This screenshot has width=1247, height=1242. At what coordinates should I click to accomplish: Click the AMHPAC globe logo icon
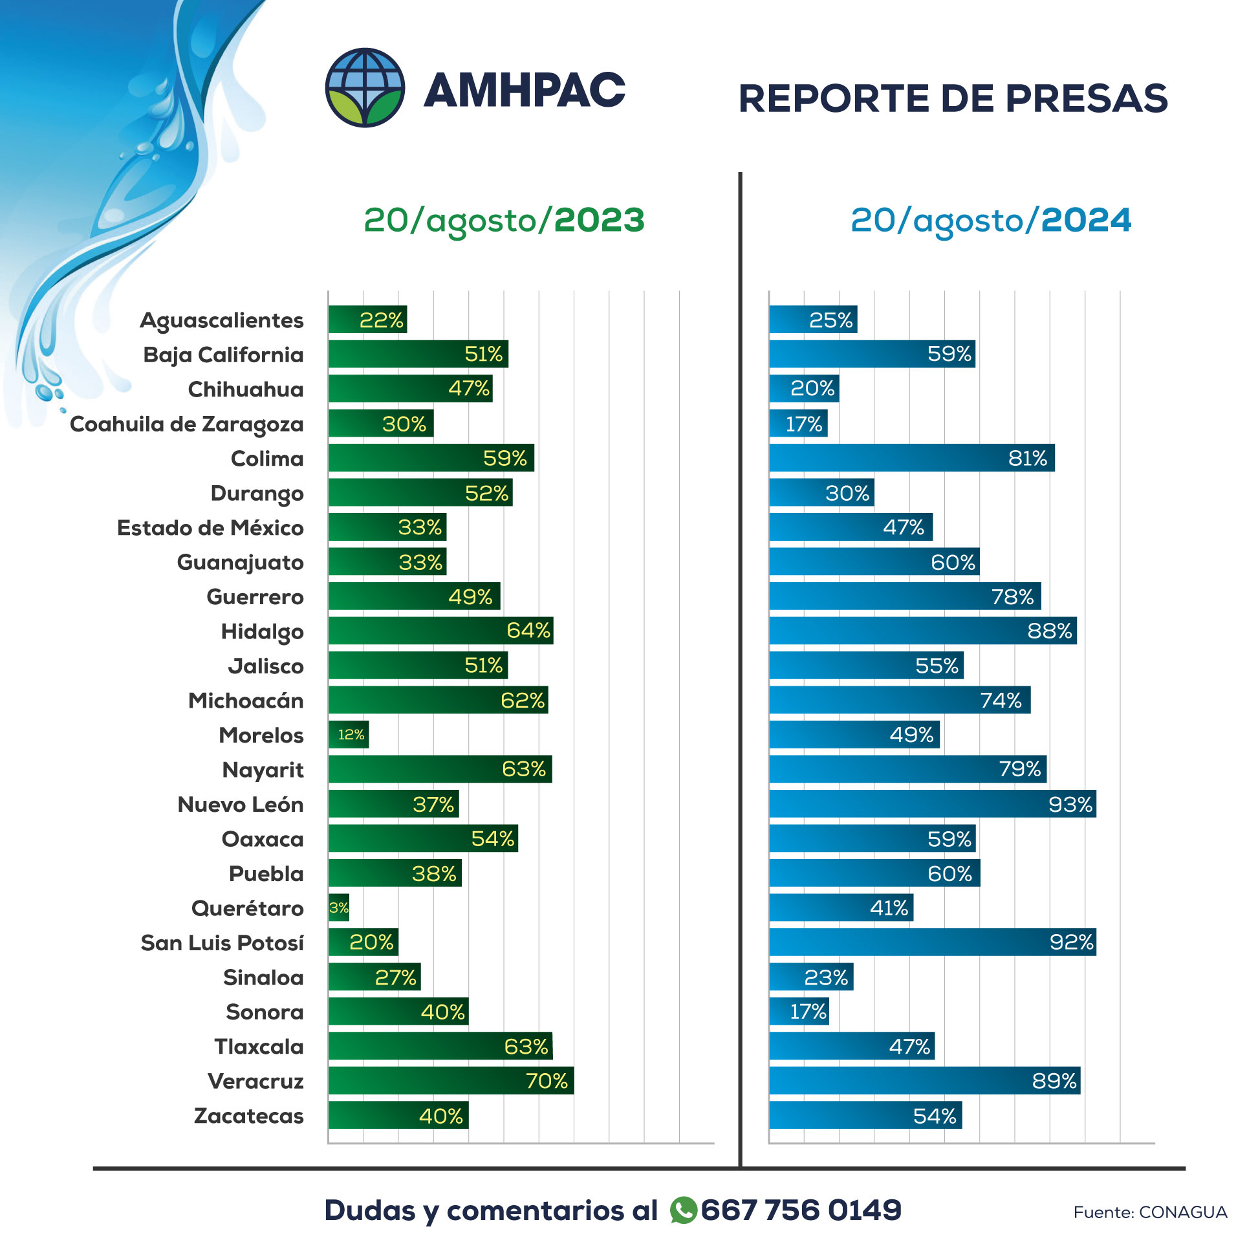click(x=365, y=88)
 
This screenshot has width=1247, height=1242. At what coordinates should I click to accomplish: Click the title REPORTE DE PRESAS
click(x=953, y=98)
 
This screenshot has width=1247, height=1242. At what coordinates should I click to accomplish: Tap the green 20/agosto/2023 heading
click(x=504, y=221)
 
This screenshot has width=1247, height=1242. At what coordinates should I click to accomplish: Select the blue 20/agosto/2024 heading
click(x=990, y=221)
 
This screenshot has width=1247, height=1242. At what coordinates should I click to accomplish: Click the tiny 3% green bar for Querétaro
click(x=339, y=908)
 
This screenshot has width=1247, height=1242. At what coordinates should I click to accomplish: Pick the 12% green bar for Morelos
click(x=349, y=735)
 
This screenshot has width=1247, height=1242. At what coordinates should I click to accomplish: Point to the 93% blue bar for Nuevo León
click(x=932, y=804)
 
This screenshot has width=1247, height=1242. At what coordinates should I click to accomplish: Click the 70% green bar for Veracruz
click(x=451, y=1081)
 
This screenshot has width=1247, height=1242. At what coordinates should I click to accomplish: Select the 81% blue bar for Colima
click(x=911, y=458)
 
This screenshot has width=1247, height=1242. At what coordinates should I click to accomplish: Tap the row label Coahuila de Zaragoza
click(x=186, y=424)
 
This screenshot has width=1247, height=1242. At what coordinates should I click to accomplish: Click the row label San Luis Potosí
click(x=222, y=943)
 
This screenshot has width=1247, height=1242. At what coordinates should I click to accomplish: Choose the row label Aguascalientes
click(x=221, y=320)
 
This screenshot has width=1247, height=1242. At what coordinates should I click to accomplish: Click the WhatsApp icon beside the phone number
click(x=683, y=1210)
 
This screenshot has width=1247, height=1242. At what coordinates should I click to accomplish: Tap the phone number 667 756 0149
click(x=801, y=1210)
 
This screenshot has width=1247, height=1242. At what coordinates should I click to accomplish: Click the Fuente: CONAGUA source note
click(x=1149, y=1212)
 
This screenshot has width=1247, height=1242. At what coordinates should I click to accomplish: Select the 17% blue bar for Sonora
click(x=799, y=1012)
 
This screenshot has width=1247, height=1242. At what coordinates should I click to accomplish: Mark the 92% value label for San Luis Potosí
click(x=1071, y=942)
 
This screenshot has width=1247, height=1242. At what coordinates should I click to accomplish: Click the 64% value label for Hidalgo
click(x=528, y=631)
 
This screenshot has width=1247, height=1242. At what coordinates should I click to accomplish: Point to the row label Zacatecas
click(x=248, y=1116)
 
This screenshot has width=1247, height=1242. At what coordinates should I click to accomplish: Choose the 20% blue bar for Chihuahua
click(x=804, y=389)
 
